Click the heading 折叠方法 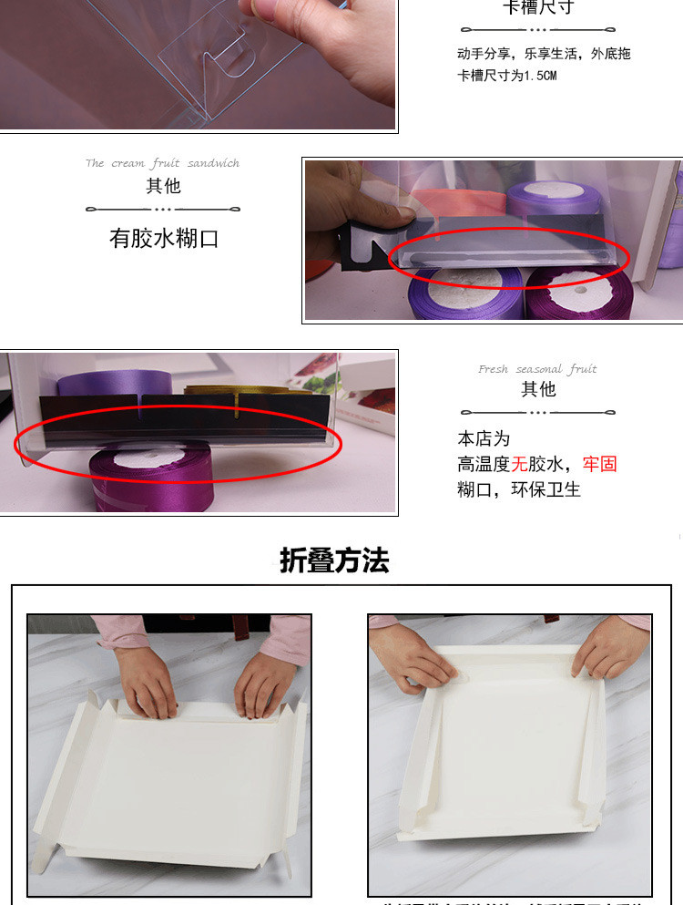[x=334, y=560]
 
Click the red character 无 [x=521, y=464]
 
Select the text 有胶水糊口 [x=164, y=240]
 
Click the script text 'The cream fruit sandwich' [x=162, y=163]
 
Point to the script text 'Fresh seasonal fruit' [x=537, y=369]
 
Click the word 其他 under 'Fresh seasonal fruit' [x=537, y=389]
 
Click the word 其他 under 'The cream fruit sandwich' [x=163, y=186]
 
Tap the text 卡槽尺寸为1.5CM [x=506, y=76]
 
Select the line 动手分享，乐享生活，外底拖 [x=544, y=54]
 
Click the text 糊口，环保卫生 [x=518, y=489]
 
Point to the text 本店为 [x=484, y=438]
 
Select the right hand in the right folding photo [x=608, y=649]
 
